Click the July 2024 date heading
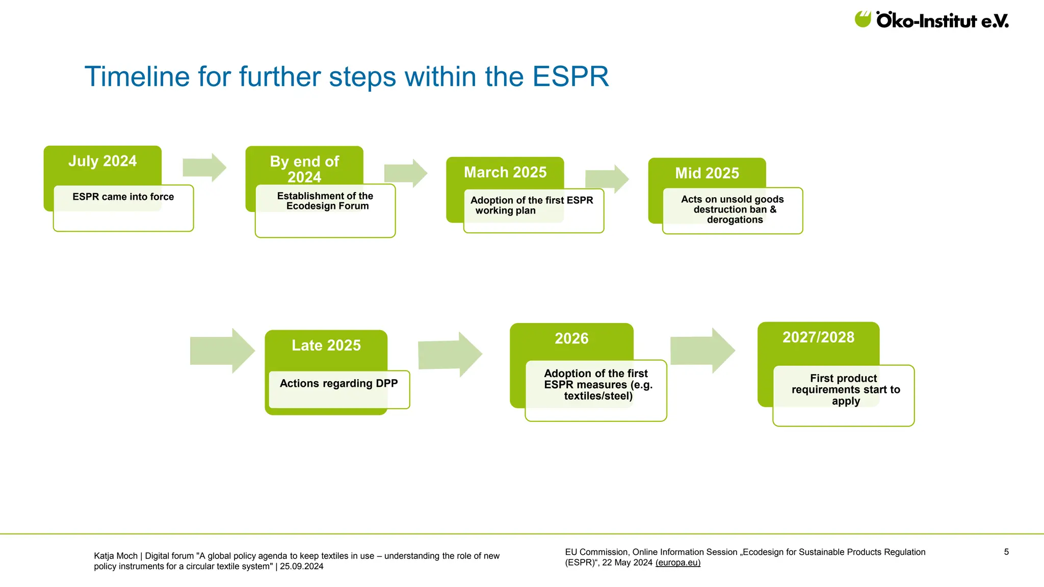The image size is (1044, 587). (x=102, y=161)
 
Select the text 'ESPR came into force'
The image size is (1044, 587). (x=123, y=197)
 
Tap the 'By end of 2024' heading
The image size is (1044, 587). (x=304, y=169)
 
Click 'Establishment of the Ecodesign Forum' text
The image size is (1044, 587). (x=325, y=201)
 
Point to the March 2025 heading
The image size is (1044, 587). (x=505, y=172)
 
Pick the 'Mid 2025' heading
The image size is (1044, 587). (x=707, y=173)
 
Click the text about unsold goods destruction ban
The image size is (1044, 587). (x=733, y=209)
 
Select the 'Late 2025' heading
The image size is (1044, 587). (x=326, y=345)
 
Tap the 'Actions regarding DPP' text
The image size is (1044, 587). (x=338, y=384)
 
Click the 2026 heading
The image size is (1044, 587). (x=571, y=338)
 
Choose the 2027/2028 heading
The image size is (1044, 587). (x=818, y=337)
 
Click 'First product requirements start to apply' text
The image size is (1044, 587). (x=845, y=390)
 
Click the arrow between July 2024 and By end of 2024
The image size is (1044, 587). (x=204, y=167)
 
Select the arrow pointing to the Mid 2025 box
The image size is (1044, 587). (x=607, y=179)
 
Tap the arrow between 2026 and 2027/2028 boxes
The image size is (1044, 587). (x=702, y=351)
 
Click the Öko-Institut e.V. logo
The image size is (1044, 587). (x=931, y=20)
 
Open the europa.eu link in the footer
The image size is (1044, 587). (x=678, y=563)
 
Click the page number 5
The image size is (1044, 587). (x=1006, y=552)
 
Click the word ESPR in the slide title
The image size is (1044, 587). (x=570, y=77)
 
